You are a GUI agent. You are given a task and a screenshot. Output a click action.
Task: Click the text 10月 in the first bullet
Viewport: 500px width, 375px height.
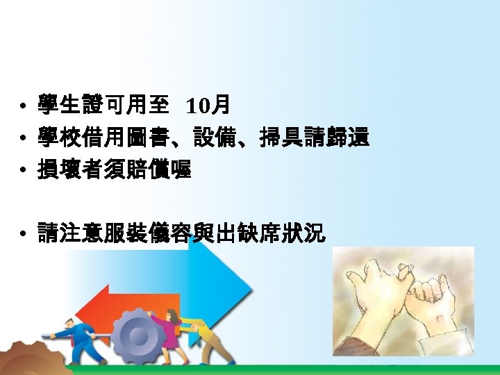point(208,106)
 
